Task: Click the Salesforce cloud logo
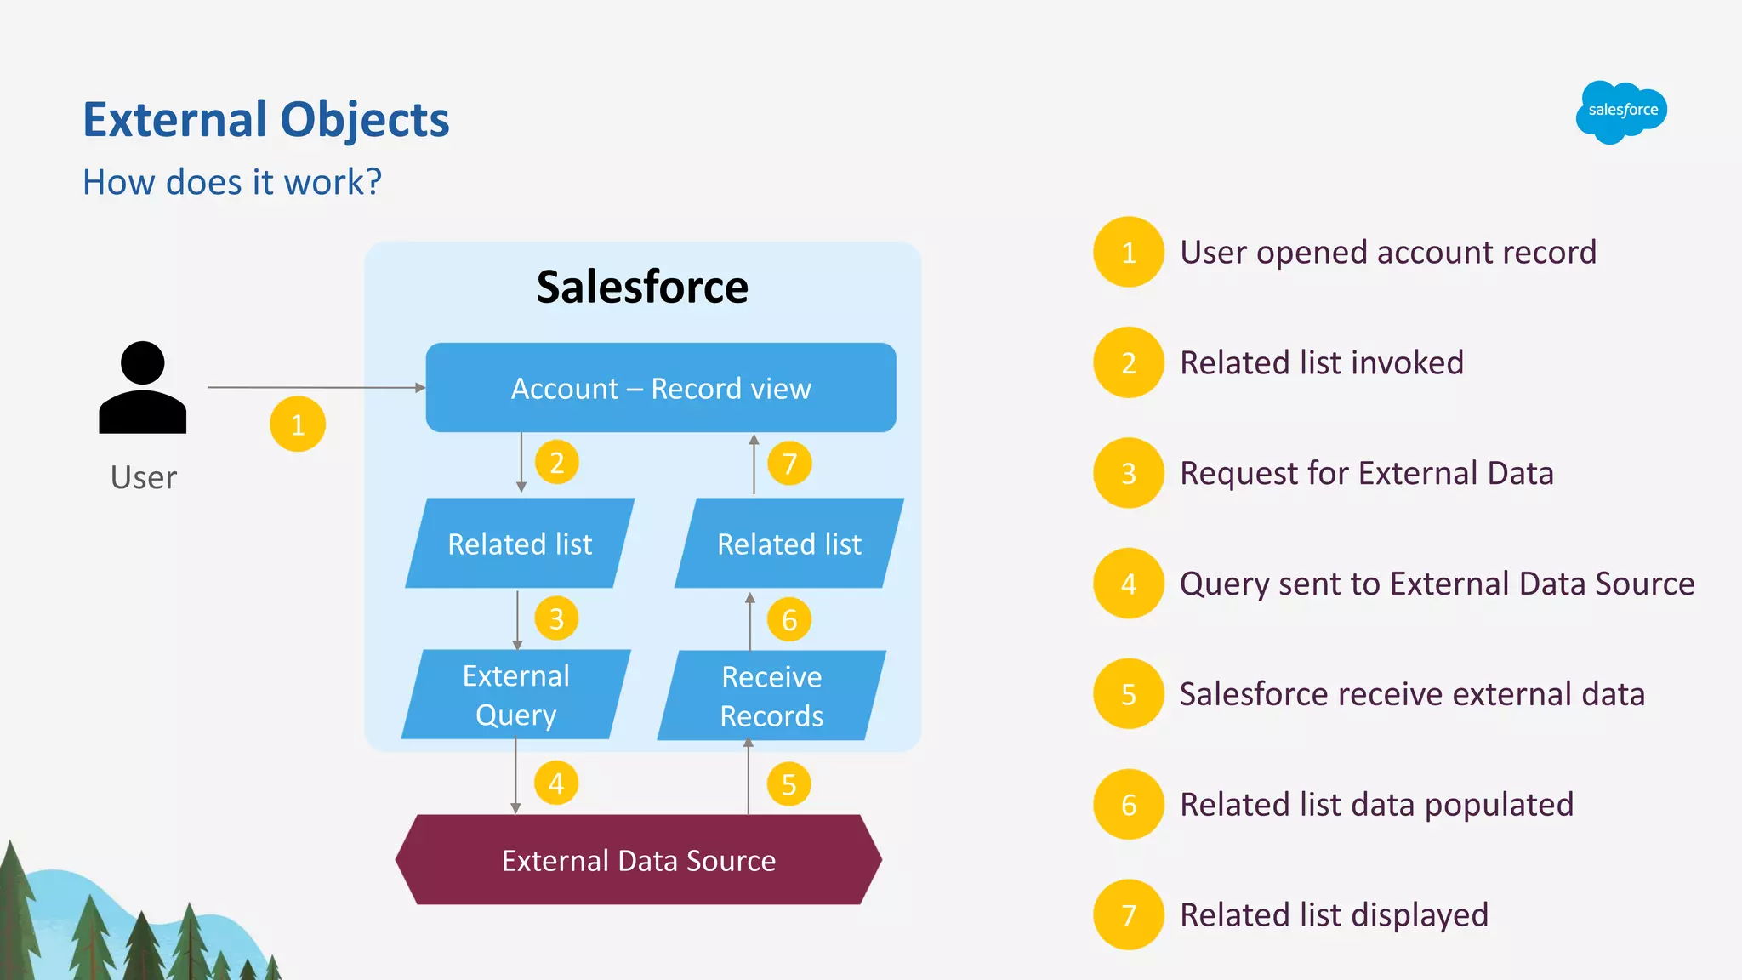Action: click(x=1621, y=111)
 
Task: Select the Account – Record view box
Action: click(x=661, y=388)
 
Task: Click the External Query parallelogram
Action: click(x=515, y=695)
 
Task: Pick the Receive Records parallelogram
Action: click(x=771, y=696)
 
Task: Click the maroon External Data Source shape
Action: click(x=638, y=860)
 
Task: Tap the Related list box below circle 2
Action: click(x=520, y=544)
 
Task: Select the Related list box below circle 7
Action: click(x=788, y=544)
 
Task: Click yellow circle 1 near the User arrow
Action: click(x=298, y=424)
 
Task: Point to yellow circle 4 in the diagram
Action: click(x=556, y=783)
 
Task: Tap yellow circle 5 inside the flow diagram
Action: click(x=788, y=784)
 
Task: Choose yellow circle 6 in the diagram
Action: click(x=788, y=619)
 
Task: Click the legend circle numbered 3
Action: click(x=1128, y=473)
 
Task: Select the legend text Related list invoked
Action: click(x=1321, y=363)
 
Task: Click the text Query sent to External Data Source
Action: click(x=1437, y=584)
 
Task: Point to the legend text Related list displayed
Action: click(x=1334, y=915)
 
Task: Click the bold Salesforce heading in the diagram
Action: click(x=642, y=287)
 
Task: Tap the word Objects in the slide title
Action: click(x=364, y=119)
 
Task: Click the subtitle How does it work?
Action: click(x=232, y=182)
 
